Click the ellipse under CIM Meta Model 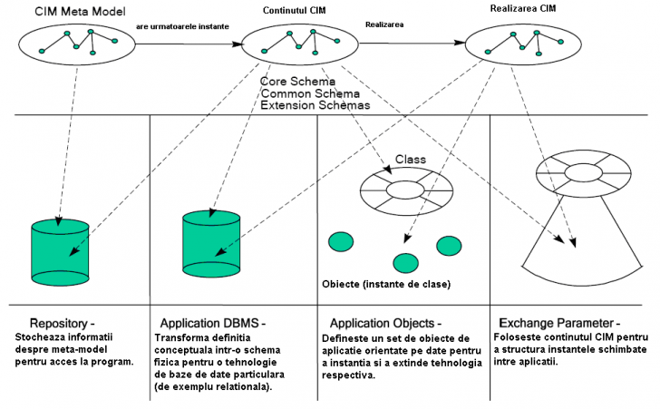tap(77, 43)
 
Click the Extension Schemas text tap(314, 105)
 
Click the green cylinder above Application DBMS tap(210, 242)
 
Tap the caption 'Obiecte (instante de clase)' tap(386, 284)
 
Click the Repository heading tap(61, 323)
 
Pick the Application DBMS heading tap(213, 323)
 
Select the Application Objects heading tap(385, 323)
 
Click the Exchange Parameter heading tap(559, 323)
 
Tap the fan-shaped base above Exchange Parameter tap(576, 245)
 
